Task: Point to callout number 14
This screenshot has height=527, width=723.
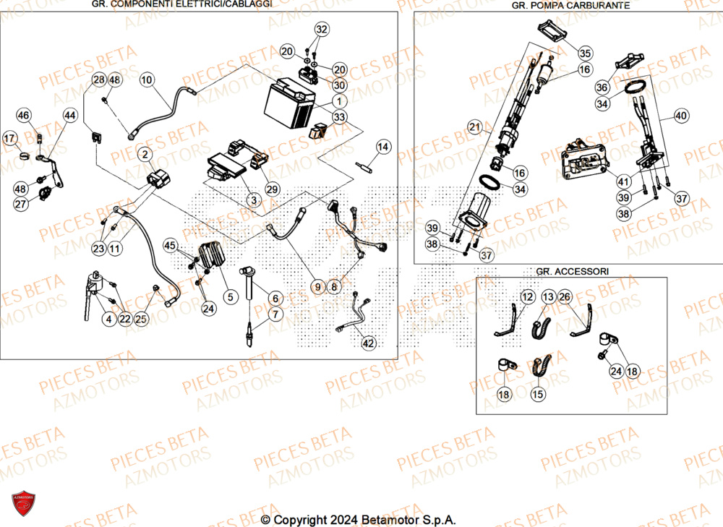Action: point(382,147)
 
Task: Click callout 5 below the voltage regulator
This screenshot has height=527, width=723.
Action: point(231,296)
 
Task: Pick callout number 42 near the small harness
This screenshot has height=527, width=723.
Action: point(369,343)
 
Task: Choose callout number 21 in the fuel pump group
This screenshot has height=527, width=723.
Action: point(474,128)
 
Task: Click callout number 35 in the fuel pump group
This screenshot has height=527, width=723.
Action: point(585,53)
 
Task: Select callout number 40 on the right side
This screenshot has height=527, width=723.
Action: point(682,115)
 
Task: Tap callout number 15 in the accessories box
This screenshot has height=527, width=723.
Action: point(537,394)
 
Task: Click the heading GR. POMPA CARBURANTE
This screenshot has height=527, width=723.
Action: point(570,5)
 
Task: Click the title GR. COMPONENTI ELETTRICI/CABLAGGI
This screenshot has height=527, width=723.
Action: point(182,4)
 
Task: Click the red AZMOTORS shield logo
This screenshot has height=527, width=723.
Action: point(24,505)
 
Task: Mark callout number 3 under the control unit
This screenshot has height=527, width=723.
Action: point(253,199)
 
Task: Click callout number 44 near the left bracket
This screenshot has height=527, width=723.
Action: point(69,115)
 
